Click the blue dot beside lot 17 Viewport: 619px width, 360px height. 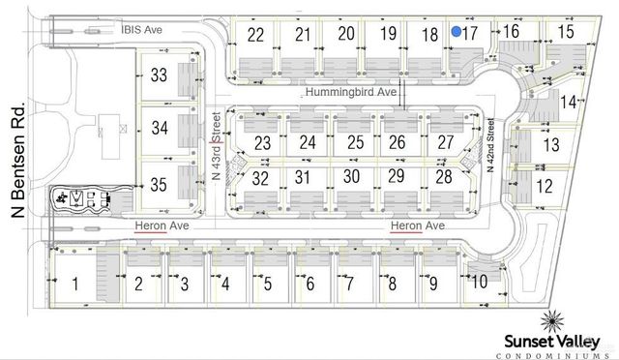[x=456, y=32]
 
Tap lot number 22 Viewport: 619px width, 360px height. [x=256, y=35]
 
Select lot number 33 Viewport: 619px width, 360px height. [x=161, y=75]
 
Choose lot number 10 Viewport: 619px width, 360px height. [x=478, y=282]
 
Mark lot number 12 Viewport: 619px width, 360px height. [x=545, y=185]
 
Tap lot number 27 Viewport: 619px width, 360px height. [x=445, y=142]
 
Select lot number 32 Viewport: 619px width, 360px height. [x=260, y=177]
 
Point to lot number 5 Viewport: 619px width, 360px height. [x=267, y=285]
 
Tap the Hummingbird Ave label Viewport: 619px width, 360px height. [x=352, y=92]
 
